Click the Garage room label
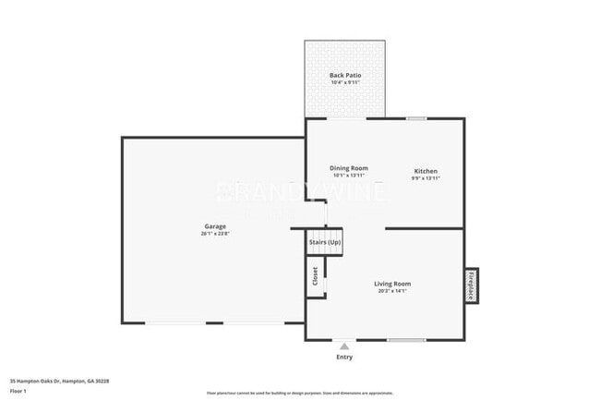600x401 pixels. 215,226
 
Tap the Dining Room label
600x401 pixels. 349,168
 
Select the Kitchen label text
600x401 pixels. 426,171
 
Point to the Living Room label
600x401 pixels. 392,284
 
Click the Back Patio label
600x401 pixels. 345,75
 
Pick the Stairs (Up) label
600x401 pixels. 325,242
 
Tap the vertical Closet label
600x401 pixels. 315,275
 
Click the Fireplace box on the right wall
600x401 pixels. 470,285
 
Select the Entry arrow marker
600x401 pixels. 344,346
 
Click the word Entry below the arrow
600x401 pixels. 344,358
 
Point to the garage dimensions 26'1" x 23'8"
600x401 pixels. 215,234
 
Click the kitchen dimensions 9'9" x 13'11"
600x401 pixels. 426,178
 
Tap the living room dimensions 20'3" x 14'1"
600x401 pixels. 392,291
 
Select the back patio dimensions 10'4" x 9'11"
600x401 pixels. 345,82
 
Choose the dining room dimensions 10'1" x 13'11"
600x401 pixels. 349,176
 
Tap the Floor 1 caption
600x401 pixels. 18,390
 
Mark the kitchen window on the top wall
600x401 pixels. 417,118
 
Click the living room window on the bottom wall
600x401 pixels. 406,340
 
